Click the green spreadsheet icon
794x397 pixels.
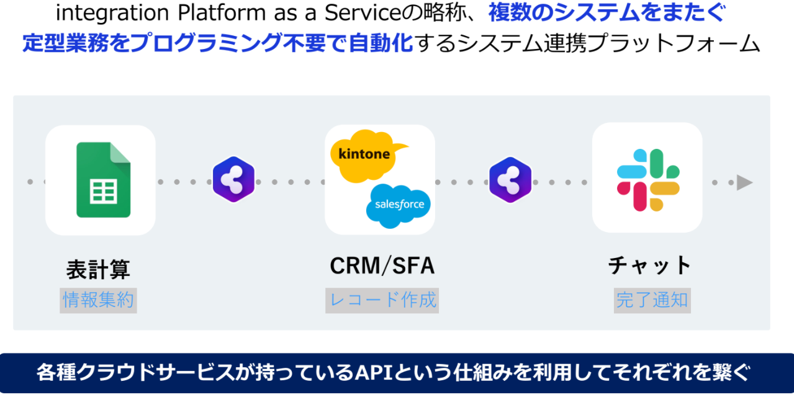point(103,181)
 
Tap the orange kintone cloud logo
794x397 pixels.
point(365,154)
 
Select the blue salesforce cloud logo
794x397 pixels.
point(399,205)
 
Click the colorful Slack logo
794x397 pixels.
point(647,180)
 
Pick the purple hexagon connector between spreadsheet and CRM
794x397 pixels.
point(234,180)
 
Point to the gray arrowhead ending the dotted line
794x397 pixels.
point(744,182)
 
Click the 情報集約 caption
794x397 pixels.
point(98,301)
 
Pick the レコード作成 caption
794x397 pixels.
point(382,301)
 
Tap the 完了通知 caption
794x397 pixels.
point(652,301)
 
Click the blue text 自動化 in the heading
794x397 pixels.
point(381,43)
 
